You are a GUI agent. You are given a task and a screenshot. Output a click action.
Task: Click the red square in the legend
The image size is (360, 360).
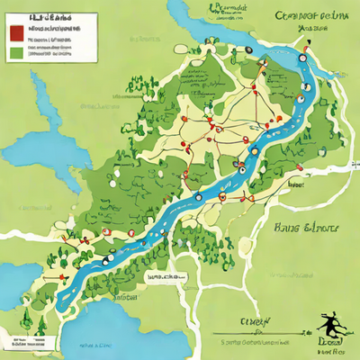pos(15,33)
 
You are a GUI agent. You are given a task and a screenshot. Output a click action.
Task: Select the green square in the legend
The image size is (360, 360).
pos(15,52)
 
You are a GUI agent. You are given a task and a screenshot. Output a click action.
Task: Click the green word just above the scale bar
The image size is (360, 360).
pos(256,320)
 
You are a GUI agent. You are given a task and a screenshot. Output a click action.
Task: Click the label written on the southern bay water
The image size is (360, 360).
pos(94,345)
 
